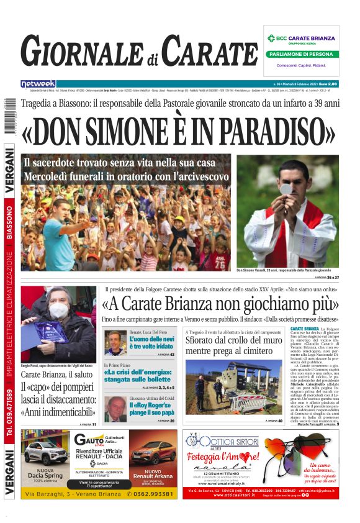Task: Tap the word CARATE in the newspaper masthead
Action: tap(211, 52)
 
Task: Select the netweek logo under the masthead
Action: tap(38, 83)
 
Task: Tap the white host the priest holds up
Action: tap(286, 189)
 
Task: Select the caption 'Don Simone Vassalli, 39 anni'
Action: tap(284, 270)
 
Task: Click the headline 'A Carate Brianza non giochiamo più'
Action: tap(220, 304)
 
